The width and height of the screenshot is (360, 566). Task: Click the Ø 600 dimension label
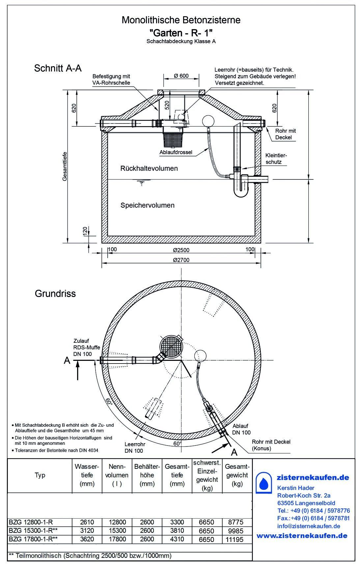(181, 76)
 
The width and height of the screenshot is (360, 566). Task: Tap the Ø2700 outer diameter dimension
(181, 260)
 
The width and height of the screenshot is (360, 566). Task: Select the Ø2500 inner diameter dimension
(181, 250)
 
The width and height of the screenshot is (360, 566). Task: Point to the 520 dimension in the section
(167, 105)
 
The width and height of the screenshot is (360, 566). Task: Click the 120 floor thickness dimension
(85, 230)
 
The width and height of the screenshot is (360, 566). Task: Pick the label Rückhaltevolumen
(149, 168)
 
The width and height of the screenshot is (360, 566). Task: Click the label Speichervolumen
(147, 205)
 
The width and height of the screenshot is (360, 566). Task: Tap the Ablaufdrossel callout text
(176, 152)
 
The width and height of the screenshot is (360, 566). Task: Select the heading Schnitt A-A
(58, 68)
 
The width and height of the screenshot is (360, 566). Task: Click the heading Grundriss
(55, 293)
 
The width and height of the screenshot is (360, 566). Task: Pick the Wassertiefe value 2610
(87, 522)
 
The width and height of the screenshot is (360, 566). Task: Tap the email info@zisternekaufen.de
(309, 526)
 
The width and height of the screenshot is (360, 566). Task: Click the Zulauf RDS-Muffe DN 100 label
(87, 347)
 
